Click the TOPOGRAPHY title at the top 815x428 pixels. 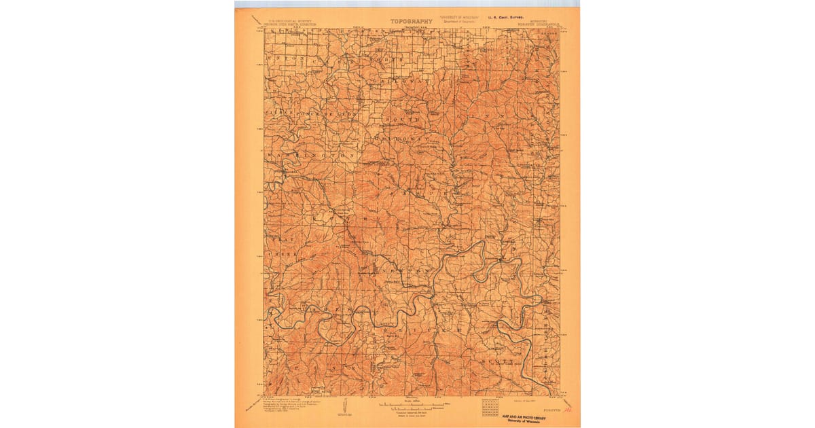point(411,21)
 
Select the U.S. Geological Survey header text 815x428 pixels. point(286,22)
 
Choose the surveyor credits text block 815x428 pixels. point(285,406)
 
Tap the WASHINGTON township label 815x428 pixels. point(312,156)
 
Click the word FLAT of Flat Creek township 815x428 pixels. point(276,240)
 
